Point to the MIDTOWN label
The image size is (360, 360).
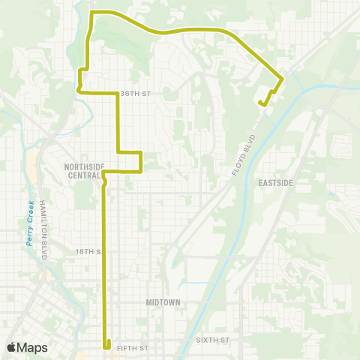click(x=164, y=301)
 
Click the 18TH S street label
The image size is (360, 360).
click(x=88, y=252)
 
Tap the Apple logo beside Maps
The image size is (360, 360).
click(x=11, y=347)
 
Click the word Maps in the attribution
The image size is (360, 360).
click(x=32, y=347)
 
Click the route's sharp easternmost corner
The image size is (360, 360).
click(x=282, y=78)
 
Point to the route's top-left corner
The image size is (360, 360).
click(x=91, y=13)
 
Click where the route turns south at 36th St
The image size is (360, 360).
click(x=118, y=93)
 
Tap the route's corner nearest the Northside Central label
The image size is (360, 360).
click(x=103, y=172)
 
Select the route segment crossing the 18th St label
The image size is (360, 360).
click(x=104, y=252)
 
